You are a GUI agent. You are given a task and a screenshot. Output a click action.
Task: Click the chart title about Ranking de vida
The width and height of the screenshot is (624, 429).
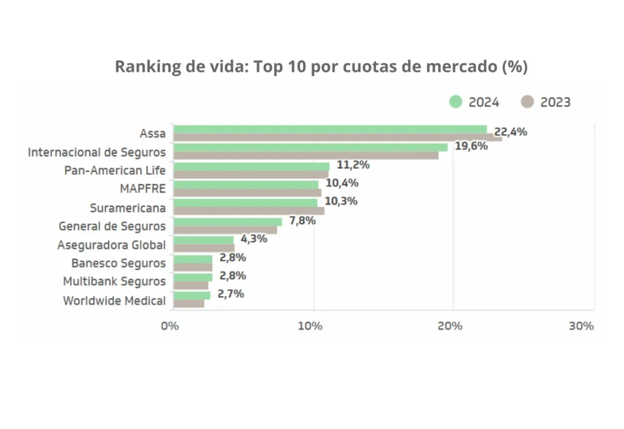coord(321,66)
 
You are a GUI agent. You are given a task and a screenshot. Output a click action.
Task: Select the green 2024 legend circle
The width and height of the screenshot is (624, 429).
coord(456,102)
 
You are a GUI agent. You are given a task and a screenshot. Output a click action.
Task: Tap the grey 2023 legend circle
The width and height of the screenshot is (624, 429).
coord(528,102)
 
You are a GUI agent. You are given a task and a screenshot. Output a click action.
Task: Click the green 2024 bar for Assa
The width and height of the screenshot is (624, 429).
coord(330,129)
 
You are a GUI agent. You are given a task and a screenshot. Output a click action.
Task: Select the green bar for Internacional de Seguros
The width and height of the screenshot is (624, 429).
coord(310,147)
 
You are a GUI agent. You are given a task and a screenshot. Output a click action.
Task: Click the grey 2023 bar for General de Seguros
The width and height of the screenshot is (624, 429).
coord(225,230)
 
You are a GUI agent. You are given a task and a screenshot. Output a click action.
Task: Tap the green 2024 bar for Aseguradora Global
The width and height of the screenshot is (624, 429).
coord(204,240)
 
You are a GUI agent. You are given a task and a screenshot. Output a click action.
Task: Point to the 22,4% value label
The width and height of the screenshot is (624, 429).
coord(511,132)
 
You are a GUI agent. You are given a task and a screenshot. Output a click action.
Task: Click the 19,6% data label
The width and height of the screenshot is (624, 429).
coord(471,146)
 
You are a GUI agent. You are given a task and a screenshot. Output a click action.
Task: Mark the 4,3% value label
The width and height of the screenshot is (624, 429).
coord(253,239)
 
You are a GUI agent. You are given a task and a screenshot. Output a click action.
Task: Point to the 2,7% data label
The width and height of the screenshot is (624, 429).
coord(230,294)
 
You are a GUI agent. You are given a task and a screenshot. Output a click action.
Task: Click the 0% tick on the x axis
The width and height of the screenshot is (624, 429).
coord(170,326)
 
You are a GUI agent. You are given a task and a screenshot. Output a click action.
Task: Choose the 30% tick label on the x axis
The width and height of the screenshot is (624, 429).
coord(581,326)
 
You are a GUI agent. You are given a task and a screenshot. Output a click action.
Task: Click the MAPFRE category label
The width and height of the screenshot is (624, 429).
coord(143,189)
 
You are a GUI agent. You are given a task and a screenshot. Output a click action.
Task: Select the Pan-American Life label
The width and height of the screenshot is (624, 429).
coord(115,171)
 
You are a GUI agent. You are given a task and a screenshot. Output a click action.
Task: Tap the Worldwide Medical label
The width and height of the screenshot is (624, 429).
coord(114,300)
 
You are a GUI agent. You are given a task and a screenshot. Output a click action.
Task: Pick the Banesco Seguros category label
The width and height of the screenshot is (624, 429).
coord(118,263)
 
